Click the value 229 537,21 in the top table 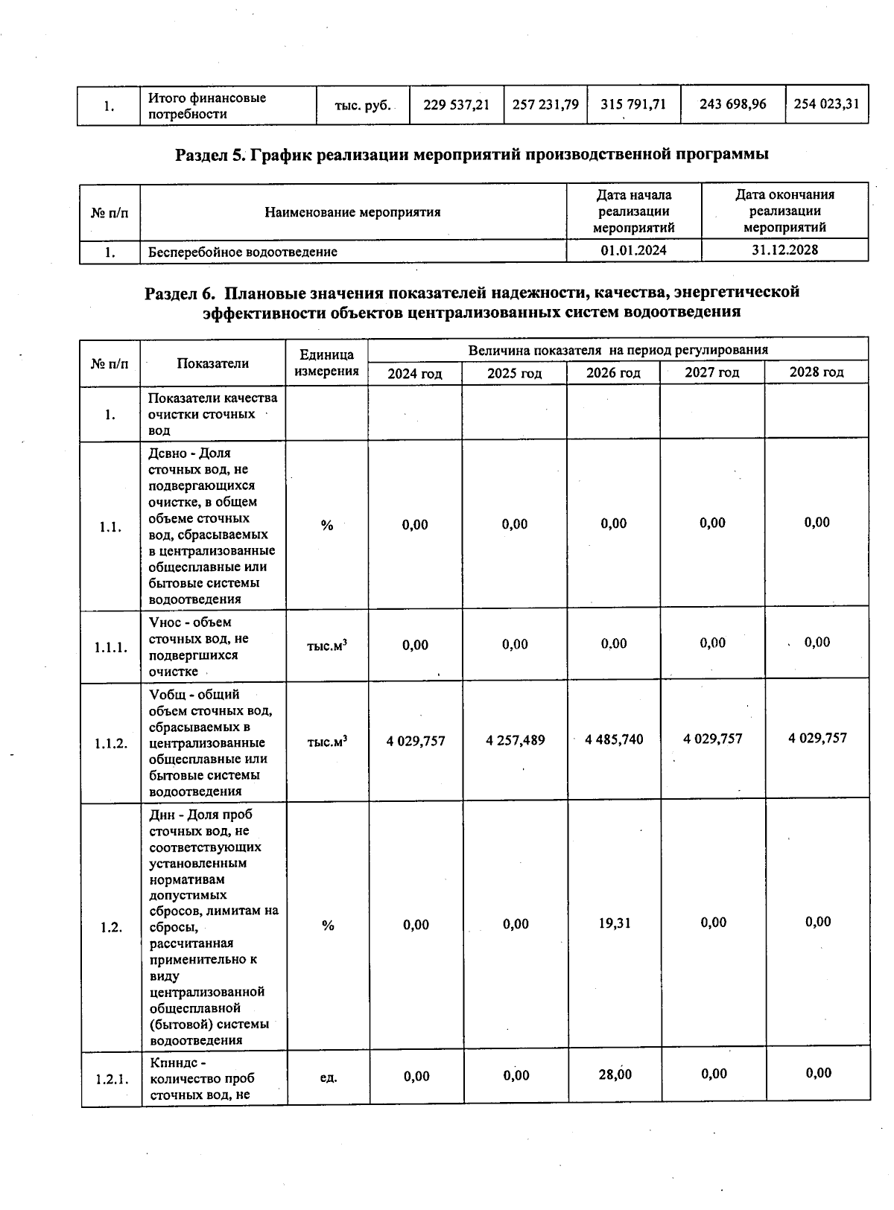(x=456, y=105)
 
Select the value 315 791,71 (x=633, y=104)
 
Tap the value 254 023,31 (x=826, y=104)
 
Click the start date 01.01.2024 (x=633, y=250)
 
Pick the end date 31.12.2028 (x=784, y=249)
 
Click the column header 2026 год (x=613, y=372)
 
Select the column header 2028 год (x=817, y=372)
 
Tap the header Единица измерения (x=326, y=363)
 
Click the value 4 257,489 (x=515, y=740)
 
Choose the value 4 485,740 (x=614, y=739)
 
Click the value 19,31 (x=615, y=923)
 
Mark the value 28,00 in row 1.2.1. (x=615, y=1074)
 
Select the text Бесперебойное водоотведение (x=242, y=252)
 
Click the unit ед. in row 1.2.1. (x=328, y=1077)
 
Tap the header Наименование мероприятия (x=352, y=212)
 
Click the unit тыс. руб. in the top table (x=363, y=106)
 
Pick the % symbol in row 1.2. (x=328, y=926)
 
